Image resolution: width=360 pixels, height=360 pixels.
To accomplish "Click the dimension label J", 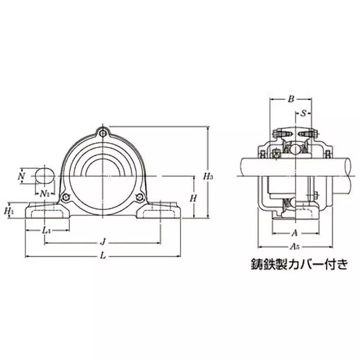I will point(103,243).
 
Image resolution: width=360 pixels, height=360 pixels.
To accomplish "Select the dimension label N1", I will point(44,193).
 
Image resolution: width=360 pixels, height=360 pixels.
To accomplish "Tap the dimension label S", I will point(303,113).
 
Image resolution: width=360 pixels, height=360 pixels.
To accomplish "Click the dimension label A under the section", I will point(294,233).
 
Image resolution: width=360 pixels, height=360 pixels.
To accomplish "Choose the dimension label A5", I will point(295,247).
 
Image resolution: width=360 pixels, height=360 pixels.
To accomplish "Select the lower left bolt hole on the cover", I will point(66,196).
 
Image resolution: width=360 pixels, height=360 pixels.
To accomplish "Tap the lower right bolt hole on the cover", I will point(140,196).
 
